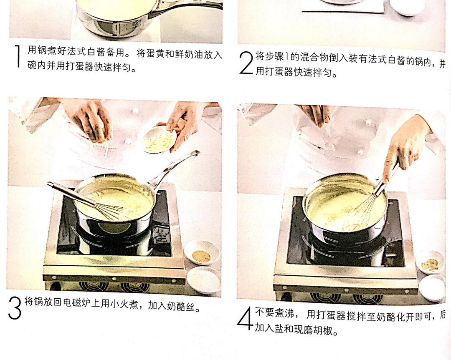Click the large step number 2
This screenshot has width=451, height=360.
[246, 63]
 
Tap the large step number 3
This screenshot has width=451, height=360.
[15, 308]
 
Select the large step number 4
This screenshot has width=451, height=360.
[245, 318]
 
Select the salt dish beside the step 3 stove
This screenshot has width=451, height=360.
[204, 280]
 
